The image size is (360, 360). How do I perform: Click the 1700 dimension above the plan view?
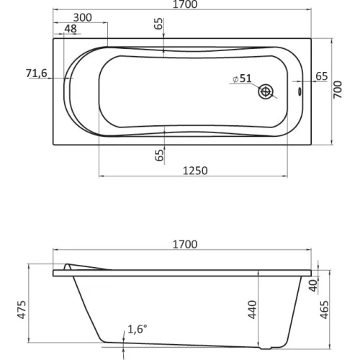point(185,4)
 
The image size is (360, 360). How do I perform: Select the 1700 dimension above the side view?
point(185,244)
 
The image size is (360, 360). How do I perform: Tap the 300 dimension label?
point(82,18)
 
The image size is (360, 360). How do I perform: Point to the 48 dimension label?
point(71,29)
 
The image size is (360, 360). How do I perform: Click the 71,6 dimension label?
point(37,73)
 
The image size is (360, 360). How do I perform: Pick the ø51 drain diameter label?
point(243,78)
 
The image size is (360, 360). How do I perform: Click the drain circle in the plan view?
point(266,91)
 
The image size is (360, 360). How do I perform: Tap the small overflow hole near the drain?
point(300,91)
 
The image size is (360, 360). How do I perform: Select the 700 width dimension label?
point(338,89)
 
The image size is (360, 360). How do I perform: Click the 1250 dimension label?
point(195,171)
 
